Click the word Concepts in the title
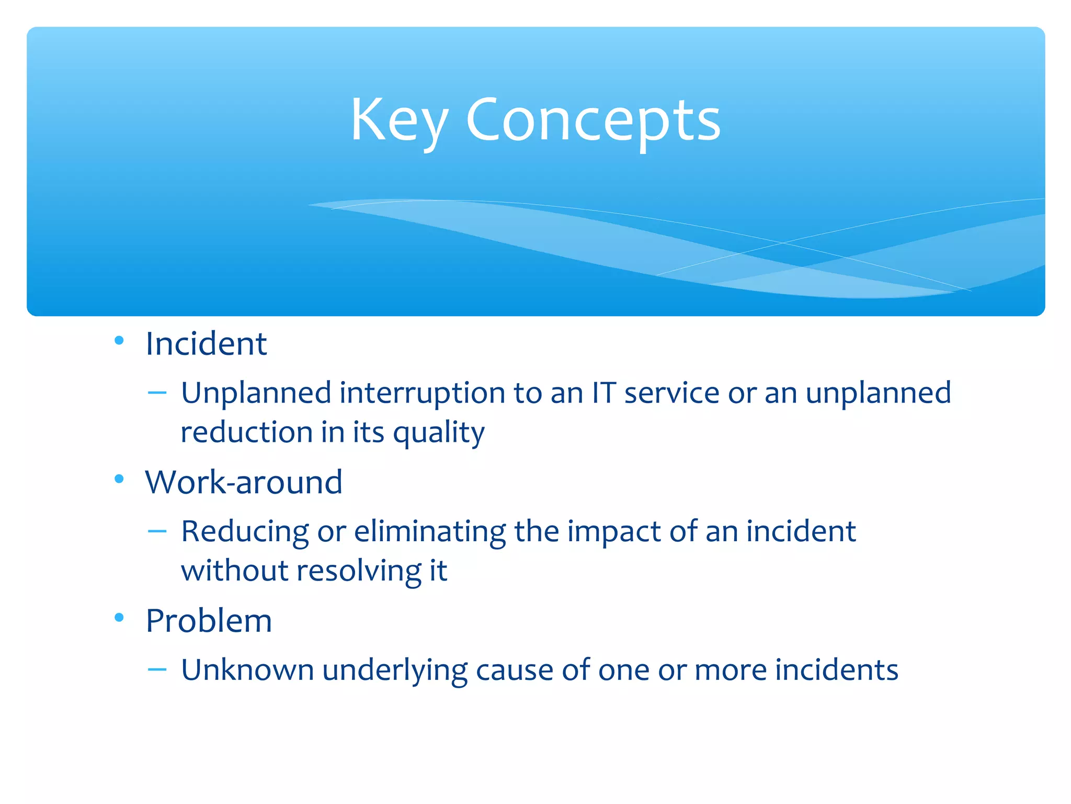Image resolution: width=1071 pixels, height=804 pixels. [x=593, y=121]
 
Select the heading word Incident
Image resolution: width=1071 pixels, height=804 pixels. [x=206, y=344]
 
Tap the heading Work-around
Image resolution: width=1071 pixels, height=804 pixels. [x=244, y=482]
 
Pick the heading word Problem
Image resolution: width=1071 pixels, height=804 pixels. [x=209, y=621]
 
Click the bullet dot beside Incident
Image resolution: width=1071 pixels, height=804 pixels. [x=119, y=341]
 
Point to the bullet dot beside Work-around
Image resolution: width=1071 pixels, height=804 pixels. [x=119, y=478]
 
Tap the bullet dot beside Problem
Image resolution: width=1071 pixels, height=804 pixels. [x=119, y=618]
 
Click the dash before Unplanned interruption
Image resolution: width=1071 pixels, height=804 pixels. [x=157, y=393]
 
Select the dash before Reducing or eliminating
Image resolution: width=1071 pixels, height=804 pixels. [x=157, y=531]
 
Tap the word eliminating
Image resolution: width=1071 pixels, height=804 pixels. [x=429, y=531]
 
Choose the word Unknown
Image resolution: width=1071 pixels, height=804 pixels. [x=247, y=670]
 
